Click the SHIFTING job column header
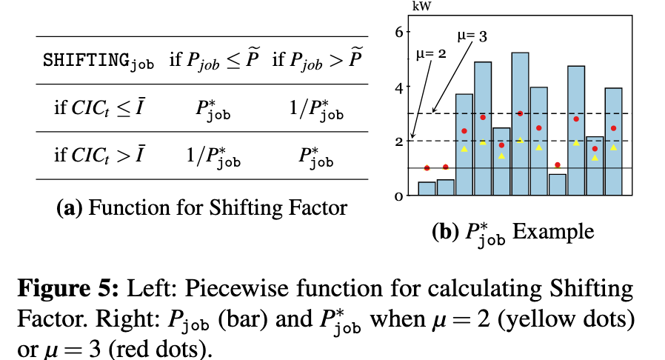pos(98,60)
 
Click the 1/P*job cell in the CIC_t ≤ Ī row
pos(315,108)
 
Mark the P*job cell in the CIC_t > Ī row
pos(315,156)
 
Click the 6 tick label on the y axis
pos(398,32)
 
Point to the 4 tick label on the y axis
pos(398,87)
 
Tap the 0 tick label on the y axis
pos(398,196)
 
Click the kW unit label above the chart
pos(421,7)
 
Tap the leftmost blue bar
pos(427,188)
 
